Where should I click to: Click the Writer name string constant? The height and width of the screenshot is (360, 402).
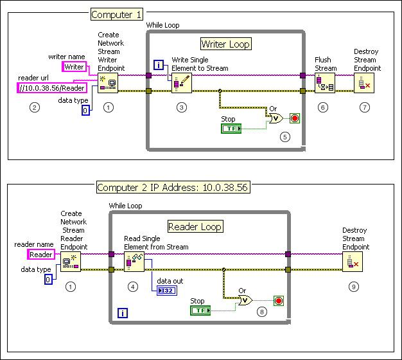[73, 67]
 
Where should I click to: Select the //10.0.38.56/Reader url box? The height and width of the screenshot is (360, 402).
[53, 88]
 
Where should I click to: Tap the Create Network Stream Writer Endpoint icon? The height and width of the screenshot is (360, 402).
[107, 84]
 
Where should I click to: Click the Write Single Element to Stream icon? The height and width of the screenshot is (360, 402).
[182, 84]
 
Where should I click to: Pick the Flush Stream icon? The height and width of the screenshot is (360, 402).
[325, 84]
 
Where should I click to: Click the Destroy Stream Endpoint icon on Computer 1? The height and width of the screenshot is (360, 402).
[364, 84]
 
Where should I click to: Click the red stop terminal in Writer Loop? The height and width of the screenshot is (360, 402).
[295, 118]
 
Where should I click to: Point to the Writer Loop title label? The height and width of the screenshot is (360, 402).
[225, 44]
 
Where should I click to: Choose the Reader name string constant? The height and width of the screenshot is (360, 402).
[41, 255]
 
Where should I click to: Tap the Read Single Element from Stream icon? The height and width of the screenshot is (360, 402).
[134, 262]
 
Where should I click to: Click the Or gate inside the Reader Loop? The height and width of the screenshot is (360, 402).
[244, 300]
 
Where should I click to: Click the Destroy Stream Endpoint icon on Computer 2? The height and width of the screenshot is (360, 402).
[353, 261]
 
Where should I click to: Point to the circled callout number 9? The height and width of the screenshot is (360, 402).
[353, 287]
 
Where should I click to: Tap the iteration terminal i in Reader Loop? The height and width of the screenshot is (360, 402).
[123, 313]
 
